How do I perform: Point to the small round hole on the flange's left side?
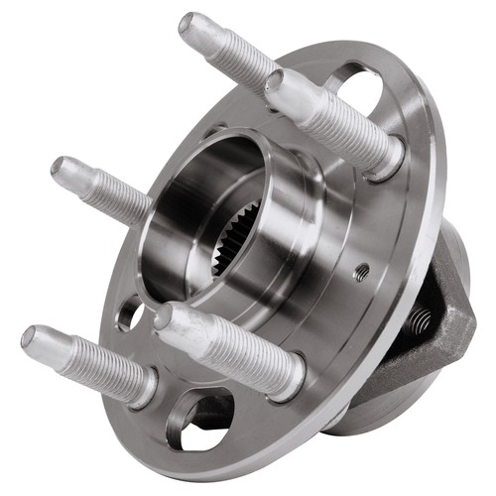point(130,314)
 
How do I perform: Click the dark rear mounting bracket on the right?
point(451,317)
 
